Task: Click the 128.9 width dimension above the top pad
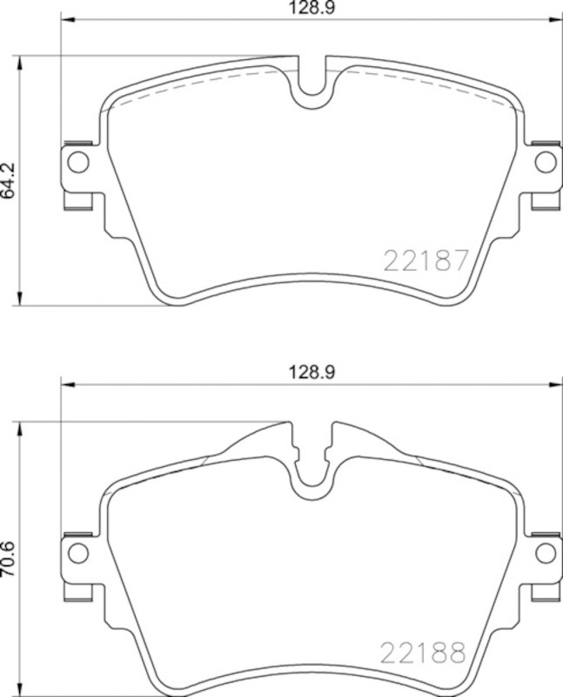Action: click(312, 8)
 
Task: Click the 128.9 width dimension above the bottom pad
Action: click(312, 373)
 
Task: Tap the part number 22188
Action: click(423, 653)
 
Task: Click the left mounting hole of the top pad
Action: click(78, 162)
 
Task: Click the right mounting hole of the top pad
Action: click(546, 162)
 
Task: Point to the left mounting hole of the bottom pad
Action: click(78, 552)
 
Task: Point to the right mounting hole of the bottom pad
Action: click(546, 552)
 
